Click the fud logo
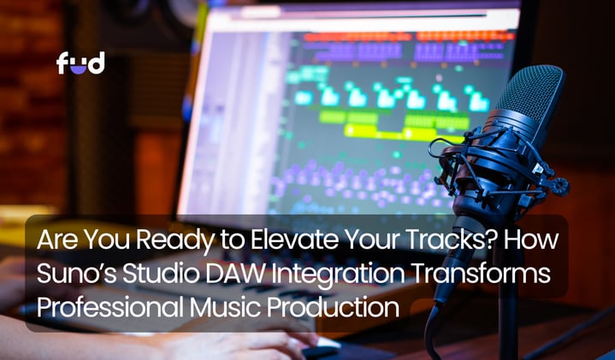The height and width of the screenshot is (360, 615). (80, 63)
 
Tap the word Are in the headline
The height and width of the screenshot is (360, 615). (54, 240)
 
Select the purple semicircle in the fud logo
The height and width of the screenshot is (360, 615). (80, 68)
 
